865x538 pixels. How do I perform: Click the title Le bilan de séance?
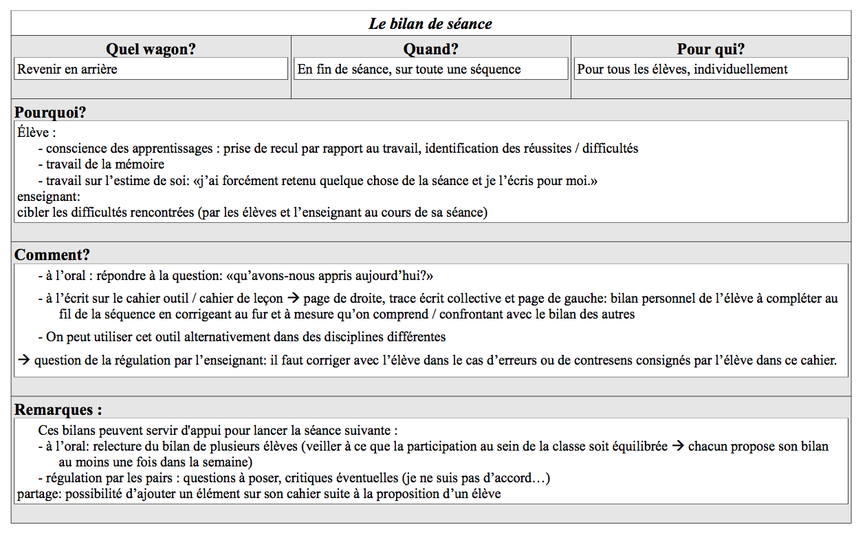tap(430, 24)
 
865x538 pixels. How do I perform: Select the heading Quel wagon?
tap(151, 49)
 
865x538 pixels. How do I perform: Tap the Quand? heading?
tap(430, 49)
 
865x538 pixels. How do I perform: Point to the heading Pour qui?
tap(710, 49)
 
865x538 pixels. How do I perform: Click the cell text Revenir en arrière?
tap(67, 69)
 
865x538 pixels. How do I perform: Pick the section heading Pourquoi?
tap(50, 112)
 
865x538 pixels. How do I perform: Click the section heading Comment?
tap(52, 255)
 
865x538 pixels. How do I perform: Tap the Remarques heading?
tap(58, 410)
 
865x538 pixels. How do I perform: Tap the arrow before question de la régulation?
tap(23, 361)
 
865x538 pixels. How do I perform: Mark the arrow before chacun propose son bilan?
tap(678, 446)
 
